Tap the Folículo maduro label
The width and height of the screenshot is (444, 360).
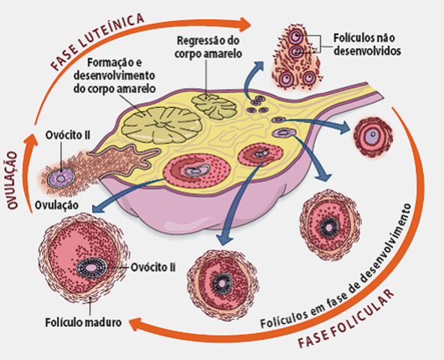pos(64,324)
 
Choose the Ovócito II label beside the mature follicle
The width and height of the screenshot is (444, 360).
pos(152,265)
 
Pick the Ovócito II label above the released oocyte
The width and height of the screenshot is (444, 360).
pos(66,135)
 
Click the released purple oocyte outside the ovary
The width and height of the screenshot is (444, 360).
pos(59,178)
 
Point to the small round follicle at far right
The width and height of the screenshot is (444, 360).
pos(370,136)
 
